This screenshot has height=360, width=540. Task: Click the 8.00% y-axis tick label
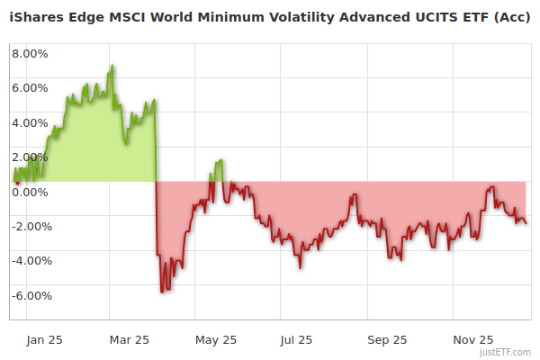[x=29, y=53]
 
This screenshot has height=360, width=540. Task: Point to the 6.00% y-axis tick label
[x=29, y=88]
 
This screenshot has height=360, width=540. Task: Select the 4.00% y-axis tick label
[x=29, y=122]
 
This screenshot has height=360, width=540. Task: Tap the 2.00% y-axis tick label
[x=29, y=157]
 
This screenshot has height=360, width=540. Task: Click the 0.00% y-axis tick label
[x=29, y=192]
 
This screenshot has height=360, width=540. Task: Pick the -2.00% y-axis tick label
[x=27, y=227]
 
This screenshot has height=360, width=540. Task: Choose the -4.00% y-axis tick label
[x=27, y=261]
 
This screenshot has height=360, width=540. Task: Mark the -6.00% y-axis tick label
[x=27, y=296]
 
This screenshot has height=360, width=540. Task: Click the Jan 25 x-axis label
[x=45, y=340]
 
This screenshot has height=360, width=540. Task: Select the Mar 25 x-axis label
[x=129, y=340]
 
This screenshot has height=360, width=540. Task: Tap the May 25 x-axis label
[x=216, y=340]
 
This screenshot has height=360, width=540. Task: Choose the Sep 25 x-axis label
[x=387, y=340]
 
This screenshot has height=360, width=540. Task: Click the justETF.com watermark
[x=508, y=352]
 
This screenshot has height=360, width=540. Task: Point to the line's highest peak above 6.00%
[x=112, y=66]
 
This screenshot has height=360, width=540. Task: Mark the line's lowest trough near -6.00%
[x=162, y=292]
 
